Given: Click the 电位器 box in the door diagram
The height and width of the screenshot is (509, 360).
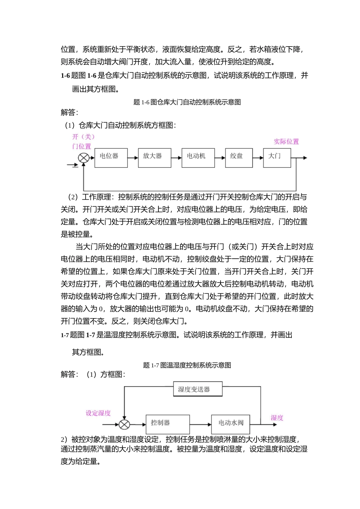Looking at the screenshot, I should [x=111, y=158].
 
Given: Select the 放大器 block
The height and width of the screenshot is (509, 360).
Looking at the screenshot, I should [x=154, y=158].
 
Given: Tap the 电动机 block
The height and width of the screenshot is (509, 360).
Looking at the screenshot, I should [x=198, y=158].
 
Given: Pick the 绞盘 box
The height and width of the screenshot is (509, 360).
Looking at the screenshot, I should [x=239, y=158].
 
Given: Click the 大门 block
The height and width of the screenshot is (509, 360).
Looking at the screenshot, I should [x=277, y=158].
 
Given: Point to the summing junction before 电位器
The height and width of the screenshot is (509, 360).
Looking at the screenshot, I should [x=83, y=158].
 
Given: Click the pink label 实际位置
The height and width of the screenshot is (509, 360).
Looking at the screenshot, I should [x=286, y=142].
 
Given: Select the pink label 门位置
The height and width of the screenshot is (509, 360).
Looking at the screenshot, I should [x=81, y=146].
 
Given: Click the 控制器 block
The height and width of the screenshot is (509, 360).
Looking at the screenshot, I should [x=167, y=424].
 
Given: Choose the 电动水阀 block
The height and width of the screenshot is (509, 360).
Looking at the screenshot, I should [x=230, y=424].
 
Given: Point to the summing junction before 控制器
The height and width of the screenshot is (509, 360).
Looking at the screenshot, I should [x=124, y=425].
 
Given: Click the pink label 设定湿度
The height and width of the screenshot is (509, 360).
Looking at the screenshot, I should [x=98, y=413].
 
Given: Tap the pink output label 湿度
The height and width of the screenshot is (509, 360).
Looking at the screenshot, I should [x=277, y=418].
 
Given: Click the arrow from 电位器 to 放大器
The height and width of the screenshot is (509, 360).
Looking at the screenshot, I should [x=133, y=158].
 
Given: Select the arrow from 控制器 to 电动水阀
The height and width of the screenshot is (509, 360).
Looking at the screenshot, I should [x=200, y=425].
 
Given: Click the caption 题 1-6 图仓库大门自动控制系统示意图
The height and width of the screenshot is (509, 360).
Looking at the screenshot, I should [x=187, y=102].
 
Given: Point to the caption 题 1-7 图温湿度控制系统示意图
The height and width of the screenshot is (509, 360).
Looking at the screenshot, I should [x=187, y=365].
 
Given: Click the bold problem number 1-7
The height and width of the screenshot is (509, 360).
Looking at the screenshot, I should [x=65, y=335].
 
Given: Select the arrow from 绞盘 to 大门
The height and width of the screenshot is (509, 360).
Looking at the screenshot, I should [x=258, y=158].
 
